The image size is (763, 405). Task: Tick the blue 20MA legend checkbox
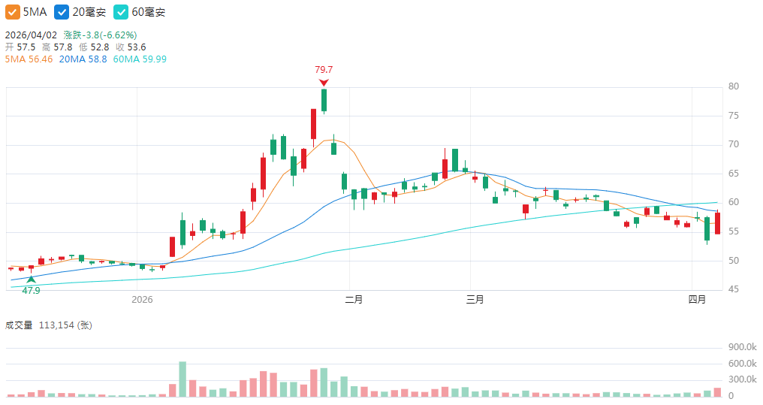pos(62,13)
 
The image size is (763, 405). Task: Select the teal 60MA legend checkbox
pos(121,13)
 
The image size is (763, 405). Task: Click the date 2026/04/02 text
pos(31,35)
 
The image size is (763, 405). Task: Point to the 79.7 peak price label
pos(324,70)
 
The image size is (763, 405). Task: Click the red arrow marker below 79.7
pos(324,83)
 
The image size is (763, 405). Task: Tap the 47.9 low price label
pos(31,290)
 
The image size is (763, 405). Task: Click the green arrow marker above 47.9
pos(31,279)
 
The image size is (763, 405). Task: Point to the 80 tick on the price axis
pos(734,86)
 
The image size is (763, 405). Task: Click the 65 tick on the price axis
pos(734,174)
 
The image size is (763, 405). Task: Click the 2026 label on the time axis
pos(142,300)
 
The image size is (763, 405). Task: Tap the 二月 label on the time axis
pos(354,300)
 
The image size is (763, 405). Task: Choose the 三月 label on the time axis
pos(475,300)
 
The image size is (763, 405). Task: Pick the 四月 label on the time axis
pos(698,300)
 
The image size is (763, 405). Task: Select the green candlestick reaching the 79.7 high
pos(324,100)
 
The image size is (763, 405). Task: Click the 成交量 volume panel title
pos(19,325)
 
